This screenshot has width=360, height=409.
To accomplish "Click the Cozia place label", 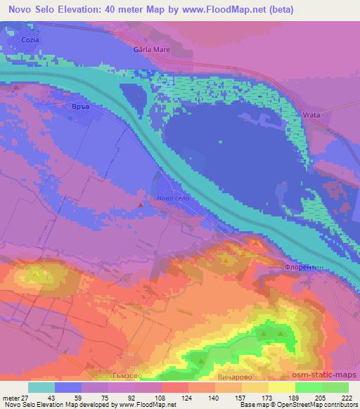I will point(30,40).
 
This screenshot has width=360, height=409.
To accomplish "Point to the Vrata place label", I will point(291,115).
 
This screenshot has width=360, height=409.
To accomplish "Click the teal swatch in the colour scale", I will point(41,388).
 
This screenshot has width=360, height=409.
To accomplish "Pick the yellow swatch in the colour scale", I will point(281,388).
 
